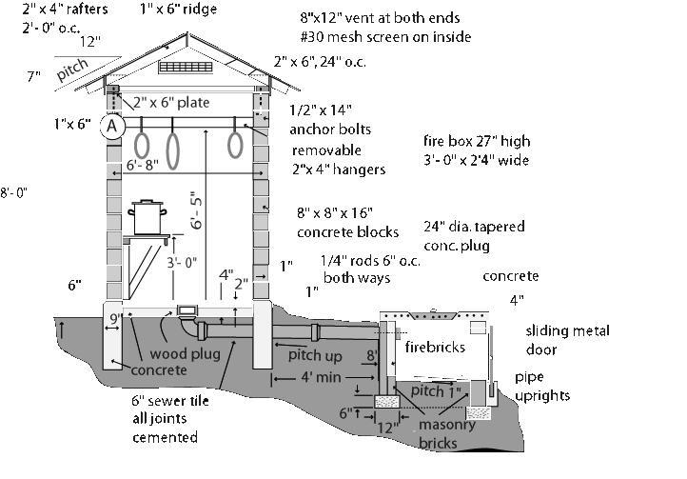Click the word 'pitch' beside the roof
pyautogui.click(x=73, y=70)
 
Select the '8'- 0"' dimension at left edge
pyautogui.click(x=14, y=192)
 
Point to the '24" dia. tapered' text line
pyautogui.click(x=474, y=228)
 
